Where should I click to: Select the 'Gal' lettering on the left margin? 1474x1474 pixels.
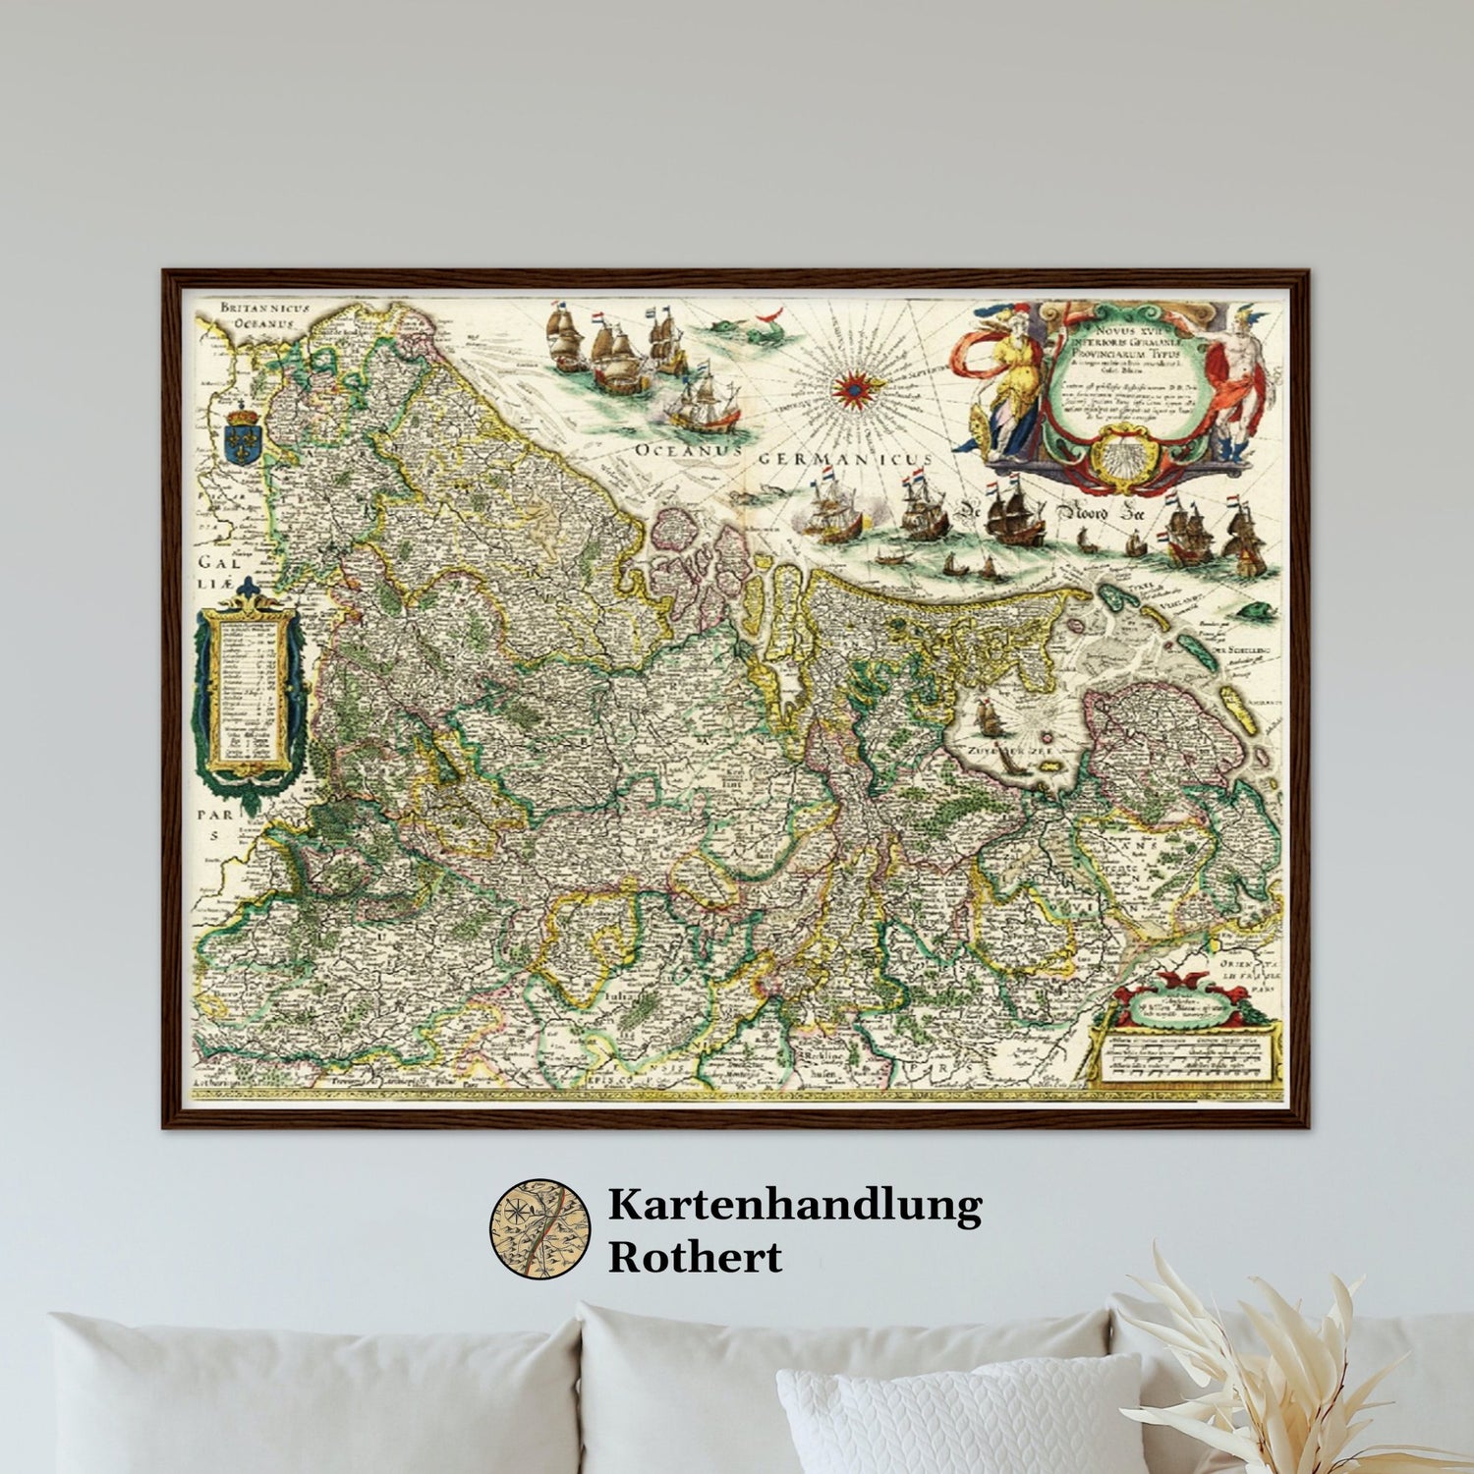coord(213,563)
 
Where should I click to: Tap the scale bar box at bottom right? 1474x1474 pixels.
coord(1189,1056)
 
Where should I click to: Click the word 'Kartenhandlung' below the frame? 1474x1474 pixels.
coord(794,1205)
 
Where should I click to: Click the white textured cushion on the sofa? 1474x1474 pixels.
coord(958,1415)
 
